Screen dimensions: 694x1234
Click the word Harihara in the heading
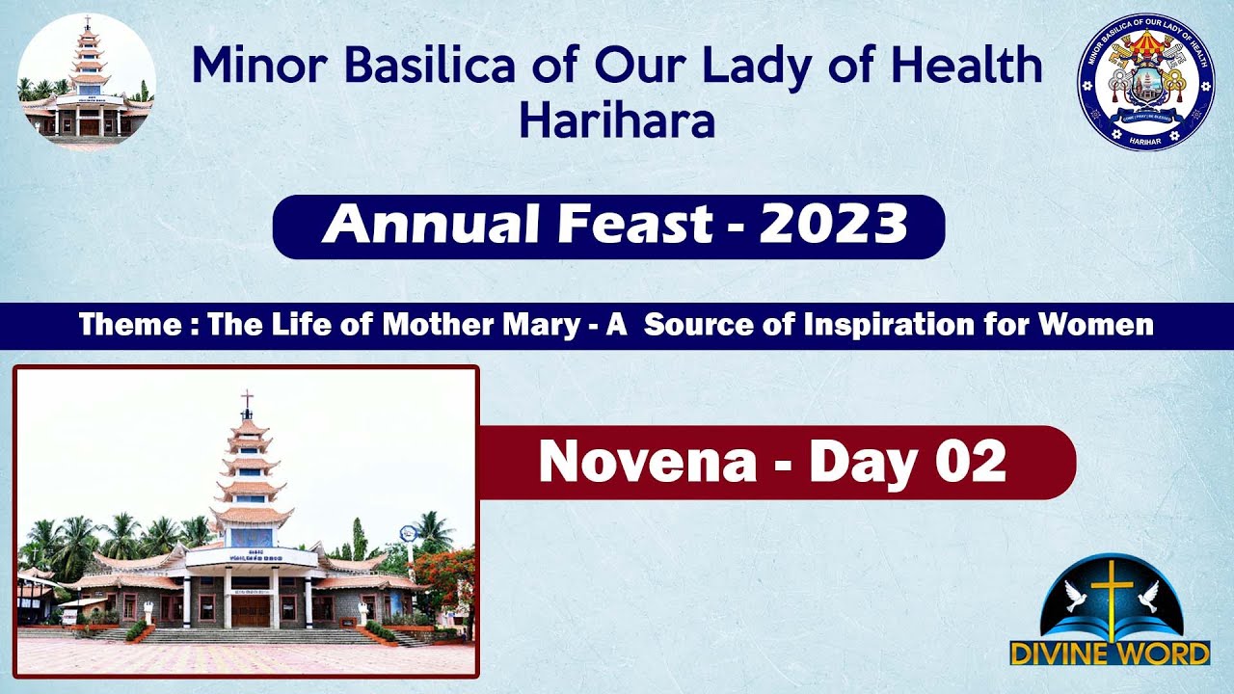point(617,121)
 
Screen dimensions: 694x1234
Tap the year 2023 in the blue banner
point(834,227)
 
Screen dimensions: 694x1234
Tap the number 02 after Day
point(971,462)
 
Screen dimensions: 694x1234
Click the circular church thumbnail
point(86,81)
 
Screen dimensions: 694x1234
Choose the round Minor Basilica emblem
point(1145,82)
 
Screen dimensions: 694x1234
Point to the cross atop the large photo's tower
point(247,399)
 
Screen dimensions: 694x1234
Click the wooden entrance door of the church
point(251,610)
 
